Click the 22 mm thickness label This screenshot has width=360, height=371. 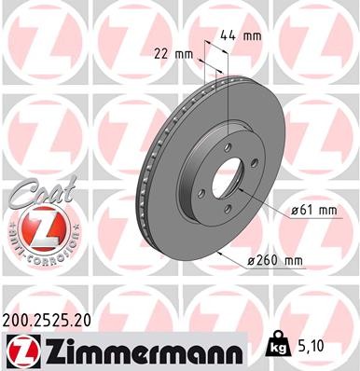pos(173,53)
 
